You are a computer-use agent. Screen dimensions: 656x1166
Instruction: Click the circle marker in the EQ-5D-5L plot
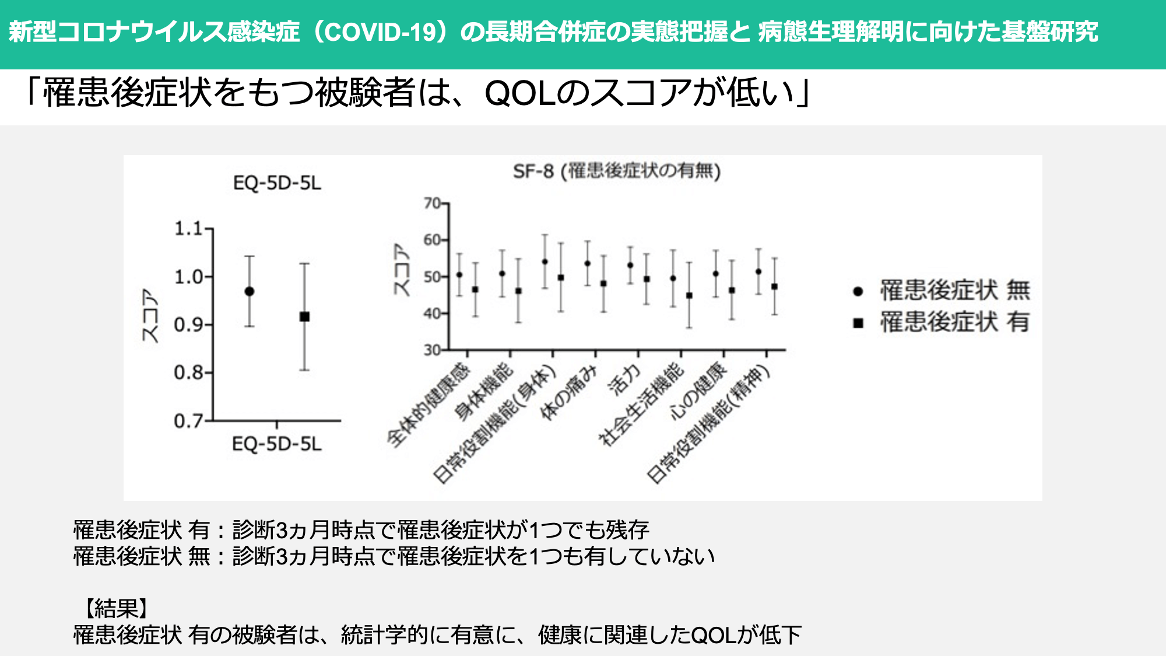click(250, 291)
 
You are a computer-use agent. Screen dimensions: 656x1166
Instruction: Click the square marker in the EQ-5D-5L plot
click(304, 317)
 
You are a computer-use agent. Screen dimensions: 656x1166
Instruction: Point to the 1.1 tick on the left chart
click(188, 229)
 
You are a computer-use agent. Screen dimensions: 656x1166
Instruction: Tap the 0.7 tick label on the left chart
click(188, 420)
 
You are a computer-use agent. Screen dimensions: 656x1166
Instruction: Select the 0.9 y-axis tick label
click(188, 324)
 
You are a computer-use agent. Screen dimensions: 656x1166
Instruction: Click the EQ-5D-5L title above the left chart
click(277, 183)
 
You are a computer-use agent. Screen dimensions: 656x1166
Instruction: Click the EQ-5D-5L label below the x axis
click(277, 444)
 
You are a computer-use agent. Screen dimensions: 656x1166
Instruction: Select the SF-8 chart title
click(617, 171)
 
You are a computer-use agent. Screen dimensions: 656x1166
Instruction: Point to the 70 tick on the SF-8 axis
click(432, 203)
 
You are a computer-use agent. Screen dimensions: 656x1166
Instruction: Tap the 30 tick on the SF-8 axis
click(432, 350)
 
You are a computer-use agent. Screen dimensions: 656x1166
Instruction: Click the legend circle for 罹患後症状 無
click(858, 292)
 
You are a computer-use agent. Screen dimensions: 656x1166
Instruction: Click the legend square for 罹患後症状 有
click(858, 323)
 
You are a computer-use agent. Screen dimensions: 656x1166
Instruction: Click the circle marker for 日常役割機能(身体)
click(545, 262)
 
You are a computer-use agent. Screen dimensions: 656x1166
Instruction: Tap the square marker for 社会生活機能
click(689, 296)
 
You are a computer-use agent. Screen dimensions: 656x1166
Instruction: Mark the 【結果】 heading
click(115, 608)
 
